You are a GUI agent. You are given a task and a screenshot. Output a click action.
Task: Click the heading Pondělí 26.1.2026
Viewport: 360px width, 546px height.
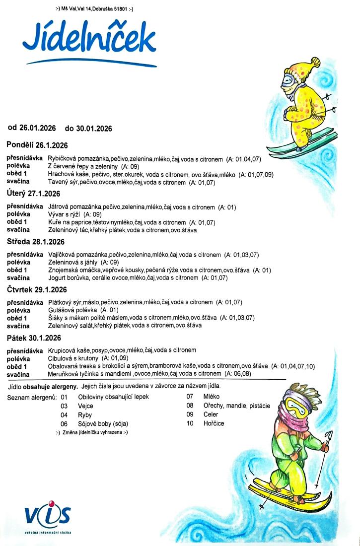coord(37,145)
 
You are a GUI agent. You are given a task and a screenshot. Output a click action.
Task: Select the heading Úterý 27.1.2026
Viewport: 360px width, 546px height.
coord(33,193)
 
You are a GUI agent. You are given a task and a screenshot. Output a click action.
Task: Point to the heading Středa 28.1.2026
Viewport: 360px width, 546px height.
coord(36,242)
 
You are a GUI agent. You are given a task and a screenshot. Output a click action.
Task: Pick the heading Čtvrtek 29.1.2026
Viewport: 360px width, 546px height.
coord(37,289)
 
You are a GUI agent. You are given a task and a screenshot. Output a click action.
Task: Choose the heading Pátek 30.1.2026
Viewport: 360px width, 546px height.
coord(34,338)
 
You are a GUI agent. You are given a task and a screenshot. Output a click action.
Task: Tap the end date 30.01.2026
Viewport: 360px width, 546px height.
coord(94,128)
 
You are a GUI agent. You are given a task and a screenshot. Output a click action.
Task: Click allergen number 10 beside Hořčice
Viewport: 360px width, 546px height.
coord(190,423)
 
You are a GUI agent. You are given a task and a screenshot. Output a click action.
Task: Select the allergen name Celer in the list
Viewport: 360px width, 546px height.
coord(211,414)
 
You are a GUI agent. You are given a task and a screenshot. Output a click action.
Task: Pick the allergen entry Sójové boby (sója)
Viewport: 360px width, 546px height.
coord(103,423)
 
